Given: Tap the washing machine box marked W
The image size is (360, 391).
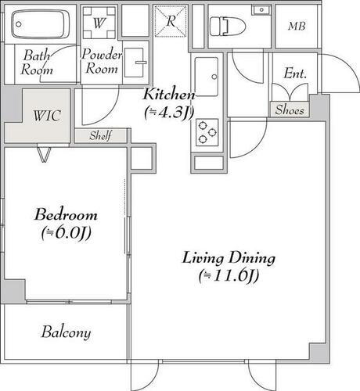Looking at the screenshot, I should coord(98,23).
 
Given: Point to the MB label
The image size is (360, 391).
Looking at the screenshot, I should coord(297,27).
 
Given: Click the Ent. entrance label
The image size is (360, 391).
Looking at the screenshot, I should coord(294,75).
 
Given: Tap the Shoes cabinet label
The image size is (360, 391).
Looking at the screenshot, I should coord(288,110).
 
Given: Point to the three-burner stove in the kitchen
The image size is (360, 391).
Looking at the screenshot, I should coord(208,131).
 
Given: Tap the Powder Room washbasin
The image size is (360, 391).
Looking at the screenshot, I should coord(136,60).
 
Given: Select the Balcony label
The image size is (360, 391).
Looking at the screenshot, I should coord(66,332).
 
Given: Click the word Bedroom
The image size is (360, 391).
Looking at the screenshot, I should coord(66,215).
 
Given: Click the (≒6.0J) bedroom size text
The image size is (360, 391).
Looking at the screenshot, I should coord(66,233).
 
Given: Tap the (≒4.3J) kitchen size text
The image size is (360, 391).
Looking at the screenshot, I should coord(168,112).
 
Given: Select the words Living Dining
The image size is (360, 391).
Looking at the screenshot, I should coord(229,257).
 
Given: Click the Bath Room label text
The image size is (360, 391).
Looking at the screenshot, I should coord(38,63).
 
